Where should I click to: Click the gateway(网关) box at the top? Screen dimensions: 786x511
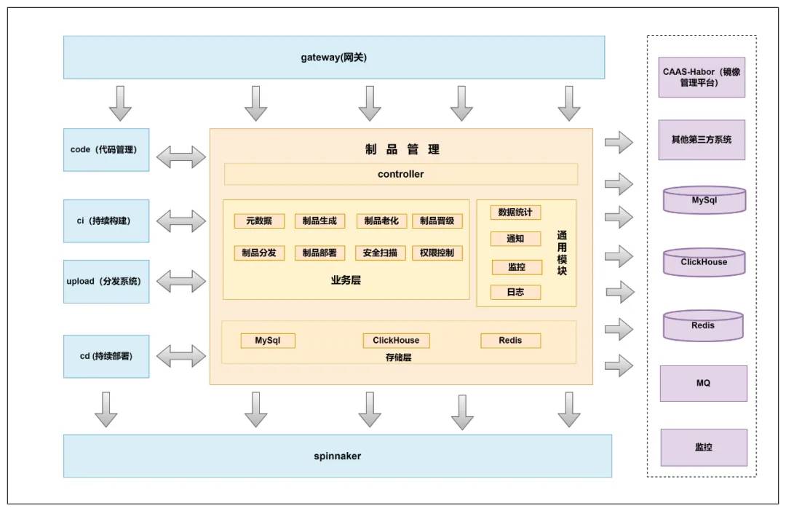[334, 58]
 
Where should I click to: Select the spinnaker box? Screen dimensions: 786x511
[338, 456]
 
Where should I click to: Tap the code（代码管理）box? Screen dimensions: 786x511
[106, 149]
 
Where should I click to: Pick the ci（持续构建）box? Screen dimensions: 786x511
[106, 221]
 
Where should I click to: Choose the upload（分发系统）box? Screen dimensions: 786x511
[106, 281]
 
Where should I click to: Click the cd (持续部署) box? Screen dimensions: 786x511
[106, 356]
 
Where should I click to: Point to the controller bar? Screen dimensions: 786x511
[401, 174]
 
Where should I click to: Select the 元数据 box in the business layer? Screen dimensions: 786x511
[259, 221]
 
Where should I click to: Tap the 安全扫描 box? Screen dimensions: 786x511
[381, 253]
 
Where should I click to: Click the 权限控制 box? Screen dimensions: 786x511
[437, 253]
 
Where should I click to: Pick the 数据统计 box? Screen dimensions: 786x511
[515, 212]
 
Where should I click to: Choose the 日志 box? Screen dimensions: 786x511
[516, 292]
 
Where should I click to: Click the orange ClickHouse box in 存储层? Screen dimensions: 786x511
[396, 341]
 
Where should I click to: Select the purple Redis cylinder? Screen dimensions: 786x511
[703, 325]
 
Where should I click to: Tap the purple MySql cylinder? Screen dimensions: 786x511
[704, 200]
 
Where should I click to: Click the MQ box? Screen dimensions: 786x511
[703, 383]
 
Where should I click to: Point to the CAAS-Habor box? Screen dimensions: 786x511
[702, 76]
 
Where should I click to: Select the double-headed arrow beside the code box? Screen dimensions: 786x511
[181, 157]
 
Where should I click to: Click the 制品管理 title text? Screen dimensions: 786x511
[402, 149]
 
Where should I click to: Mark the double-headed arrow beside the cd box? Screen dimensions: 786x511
[181, 355]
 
